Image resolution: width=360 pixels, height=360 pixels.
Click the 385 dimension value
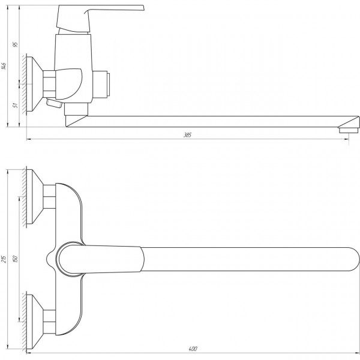click(188, 136)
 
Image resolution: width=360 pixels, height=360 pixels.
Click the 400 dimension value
click(192, 349)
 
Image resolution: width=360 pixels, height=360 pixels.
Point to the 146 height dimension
click(4, 65)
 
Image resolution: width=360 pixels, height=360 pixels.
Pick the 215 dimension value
click(4, 260)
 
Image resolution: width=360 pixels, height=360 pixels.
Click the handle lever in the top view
click(102, 259)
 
